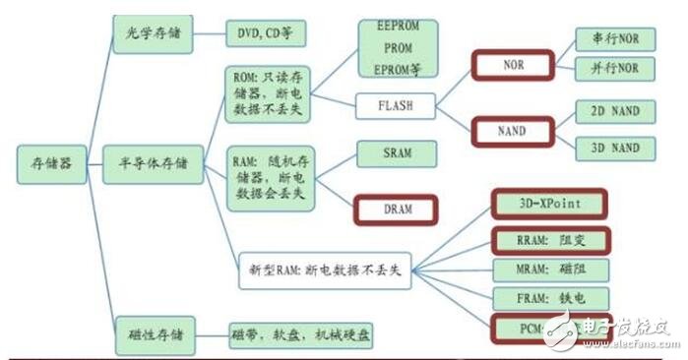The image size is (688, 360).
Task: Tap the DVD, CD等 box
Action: point(261,33)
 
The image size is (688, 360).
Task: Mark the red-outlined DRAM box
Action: point(396,209)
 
